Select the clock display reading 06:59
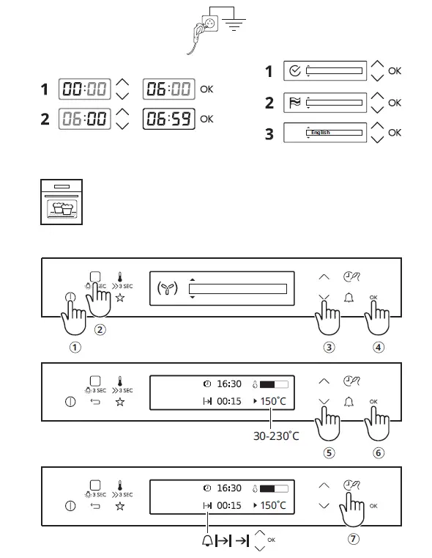click(x=168, y=118)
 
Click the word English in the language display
click(x=320, y=133)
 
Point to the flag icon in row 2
click(x=294, y=102)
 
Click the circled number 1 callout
click(x=74, y=348)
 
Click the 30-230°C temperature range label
click(x=275, y=436)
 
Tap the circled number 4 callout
click(x=379, y=348)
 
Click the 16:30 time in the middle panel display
click(x=228, y=383)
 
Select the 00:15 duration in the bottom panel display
click(x=228, y=505)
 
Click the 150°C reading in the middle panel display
click(x=273, y=402)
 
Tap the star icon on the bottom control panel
click(x=120, y=507)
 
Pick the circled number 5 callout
click(x=329, y=452)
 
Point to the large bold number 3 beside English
click(x=269, y=133)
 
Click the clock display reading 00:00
click(x=85, y=90)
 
